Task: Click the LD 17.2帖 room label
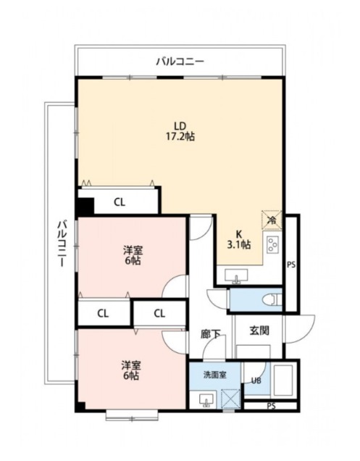coord(180,131)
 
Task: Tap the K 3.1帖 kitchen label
coord(239,239)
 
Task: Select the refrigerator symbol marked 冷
coord(272,220)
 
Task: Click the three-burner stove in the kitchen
coord(272,244)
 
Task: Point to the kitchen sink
coord(236,276)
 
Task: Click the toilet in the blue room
coord(272,300)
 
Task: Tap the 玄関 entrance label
coord(259,331)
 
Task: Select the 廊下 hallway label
coord(211,333)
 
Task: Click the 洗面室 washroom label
coord(215,375)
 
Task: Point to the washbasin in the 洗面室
coord(206,400)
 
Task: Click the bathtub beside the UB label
coord(283,381)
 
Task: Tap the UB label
coord(256,381)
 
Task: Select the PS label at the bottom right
coord(272,406)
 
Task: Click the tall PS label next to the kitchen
coord(291,265)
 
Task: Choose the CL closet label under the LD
coord(120,202)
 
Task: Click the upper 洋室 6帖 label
coord(133,255)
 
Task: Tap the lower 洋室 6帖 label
coord(131,370)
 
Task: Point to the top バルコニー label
coord(180,62)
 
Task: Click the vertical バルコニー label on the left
coord(62,244)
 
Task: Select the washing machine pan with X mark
coord(230,399)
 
